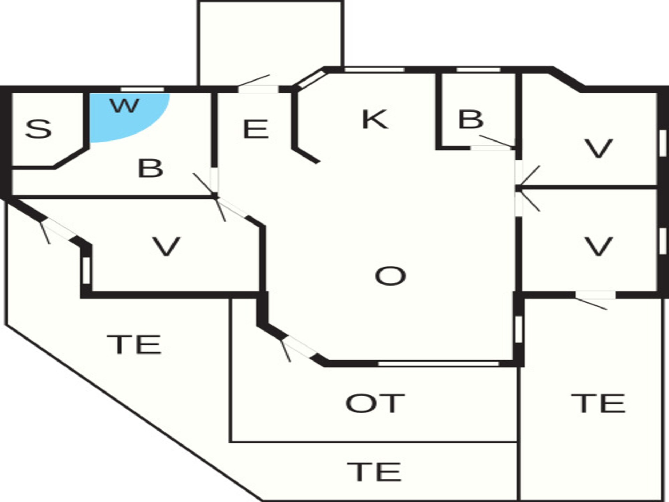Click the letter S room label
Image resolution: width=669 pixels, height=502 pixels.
click(x=38, y=129)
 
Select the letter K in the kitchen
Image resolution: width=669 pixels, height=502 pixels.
click(x=375, y=119)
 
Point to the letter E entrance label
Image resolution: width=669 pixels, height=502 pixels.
click(x=255, y=129)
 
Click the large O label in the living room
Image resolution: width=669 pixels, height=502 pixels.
click(x=390, y=276)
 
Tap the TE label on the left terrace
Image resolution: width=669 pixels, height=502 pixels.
click(x=134, y=344)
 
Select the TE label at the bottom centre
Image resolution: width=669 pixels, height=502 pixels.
click(x=374, y=471)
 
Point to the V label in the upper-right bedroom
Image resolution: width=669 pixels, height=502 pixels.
click(x=598, y=149)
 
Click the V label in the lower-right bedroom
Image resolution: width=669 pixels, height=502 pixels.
click(x=598, y=246)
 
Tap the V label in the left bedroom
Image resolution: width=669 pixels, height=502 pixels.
click(x=166, y=246)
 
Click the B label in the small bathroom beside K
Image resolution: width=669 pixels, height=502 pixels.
click(x=471, y=119)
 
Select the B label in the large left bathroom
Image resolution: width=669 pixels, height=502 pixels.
click(x=150, y=168)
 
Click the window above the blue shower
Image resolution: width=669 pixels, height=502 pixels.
click(x=142, y=89)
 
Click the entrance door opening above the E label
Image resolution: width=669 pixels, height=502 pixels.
click(x=258, y=89)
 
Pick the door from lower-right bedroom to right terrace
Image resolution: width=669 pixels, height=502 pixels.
click(x=595, y=295)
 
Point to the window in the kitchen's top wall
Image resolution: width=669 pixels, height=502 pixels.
click(x=375, y=70)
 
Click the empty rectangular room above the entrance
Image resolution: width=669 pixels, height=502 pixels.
click(x=271, y=44)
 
